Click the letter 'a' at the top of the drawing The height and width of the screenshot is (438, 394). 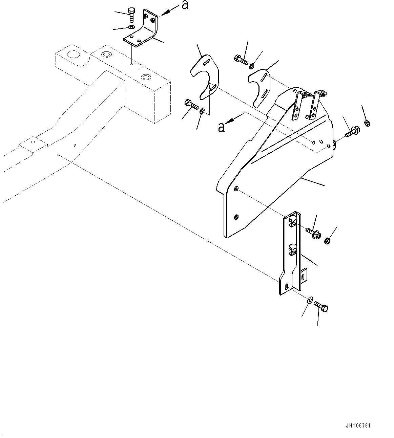(x=185, y=5)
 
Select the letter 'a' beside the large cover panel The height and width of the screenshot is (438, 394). (x=221, y=127)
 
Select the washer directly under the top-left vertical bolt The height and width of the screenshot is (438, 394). (x=131, y=27)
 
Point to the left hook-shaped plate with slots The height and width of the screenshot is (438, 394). (x=204, y=78)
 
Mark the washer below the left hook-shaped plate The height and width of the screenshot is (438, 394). (x=202, y=111)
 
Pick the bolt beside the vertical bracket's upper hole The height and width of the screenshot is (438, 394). (x=314, y=233)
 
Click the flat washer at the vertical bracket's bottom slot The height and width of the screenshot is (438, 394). (x=310, y=300)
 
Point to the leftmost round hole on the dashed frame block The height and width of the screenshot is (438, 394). (x=72, y=54)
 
